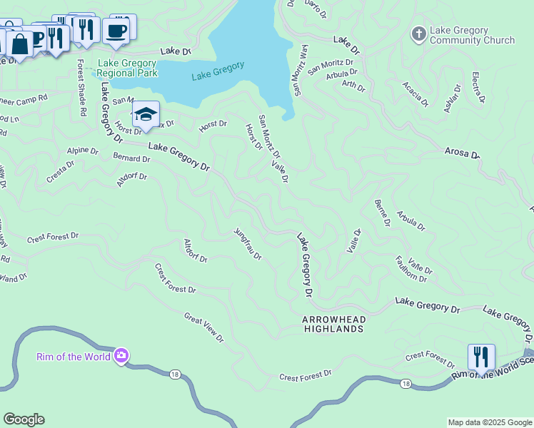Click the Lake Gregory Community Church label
[x=472, y=35]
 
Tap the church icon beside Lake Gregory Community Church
[x=418, y=34]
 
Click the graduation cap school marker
[x=146, y=115]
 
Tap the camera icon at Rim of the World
[x=121, y=355]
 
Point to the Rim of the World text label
[x=74, y=356]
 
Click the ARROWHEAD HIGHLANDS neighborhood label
[x=333, y=324]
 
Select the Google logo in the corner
[x=24, y=419]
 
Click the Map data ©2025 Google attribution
[x=489, y=422]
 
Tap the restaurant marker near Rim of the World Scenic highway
[x=481, y=356]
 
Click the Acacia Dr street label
[x=415, y=93]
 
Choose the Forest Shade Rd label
[x=81, y=88]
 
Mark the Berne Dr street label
[x=382, y=213]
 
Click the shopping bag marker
[x=21, y=44]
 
